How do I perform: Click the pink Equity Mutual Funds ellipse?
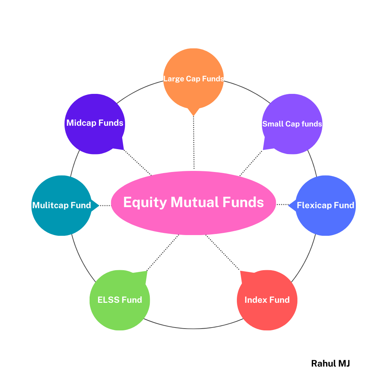click(193, 219)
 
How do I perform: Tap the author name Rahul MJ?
click(330, 363)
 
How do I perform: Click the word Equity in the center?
click(145, 202)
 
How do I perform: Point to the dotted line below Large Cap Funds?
click(193, 143)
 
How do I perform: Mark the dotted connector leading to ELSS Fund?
click(163, 253)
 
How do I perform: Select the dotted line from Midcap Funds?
click(138, 163)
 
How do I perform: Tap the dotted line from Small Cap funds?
click(251, 163)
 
